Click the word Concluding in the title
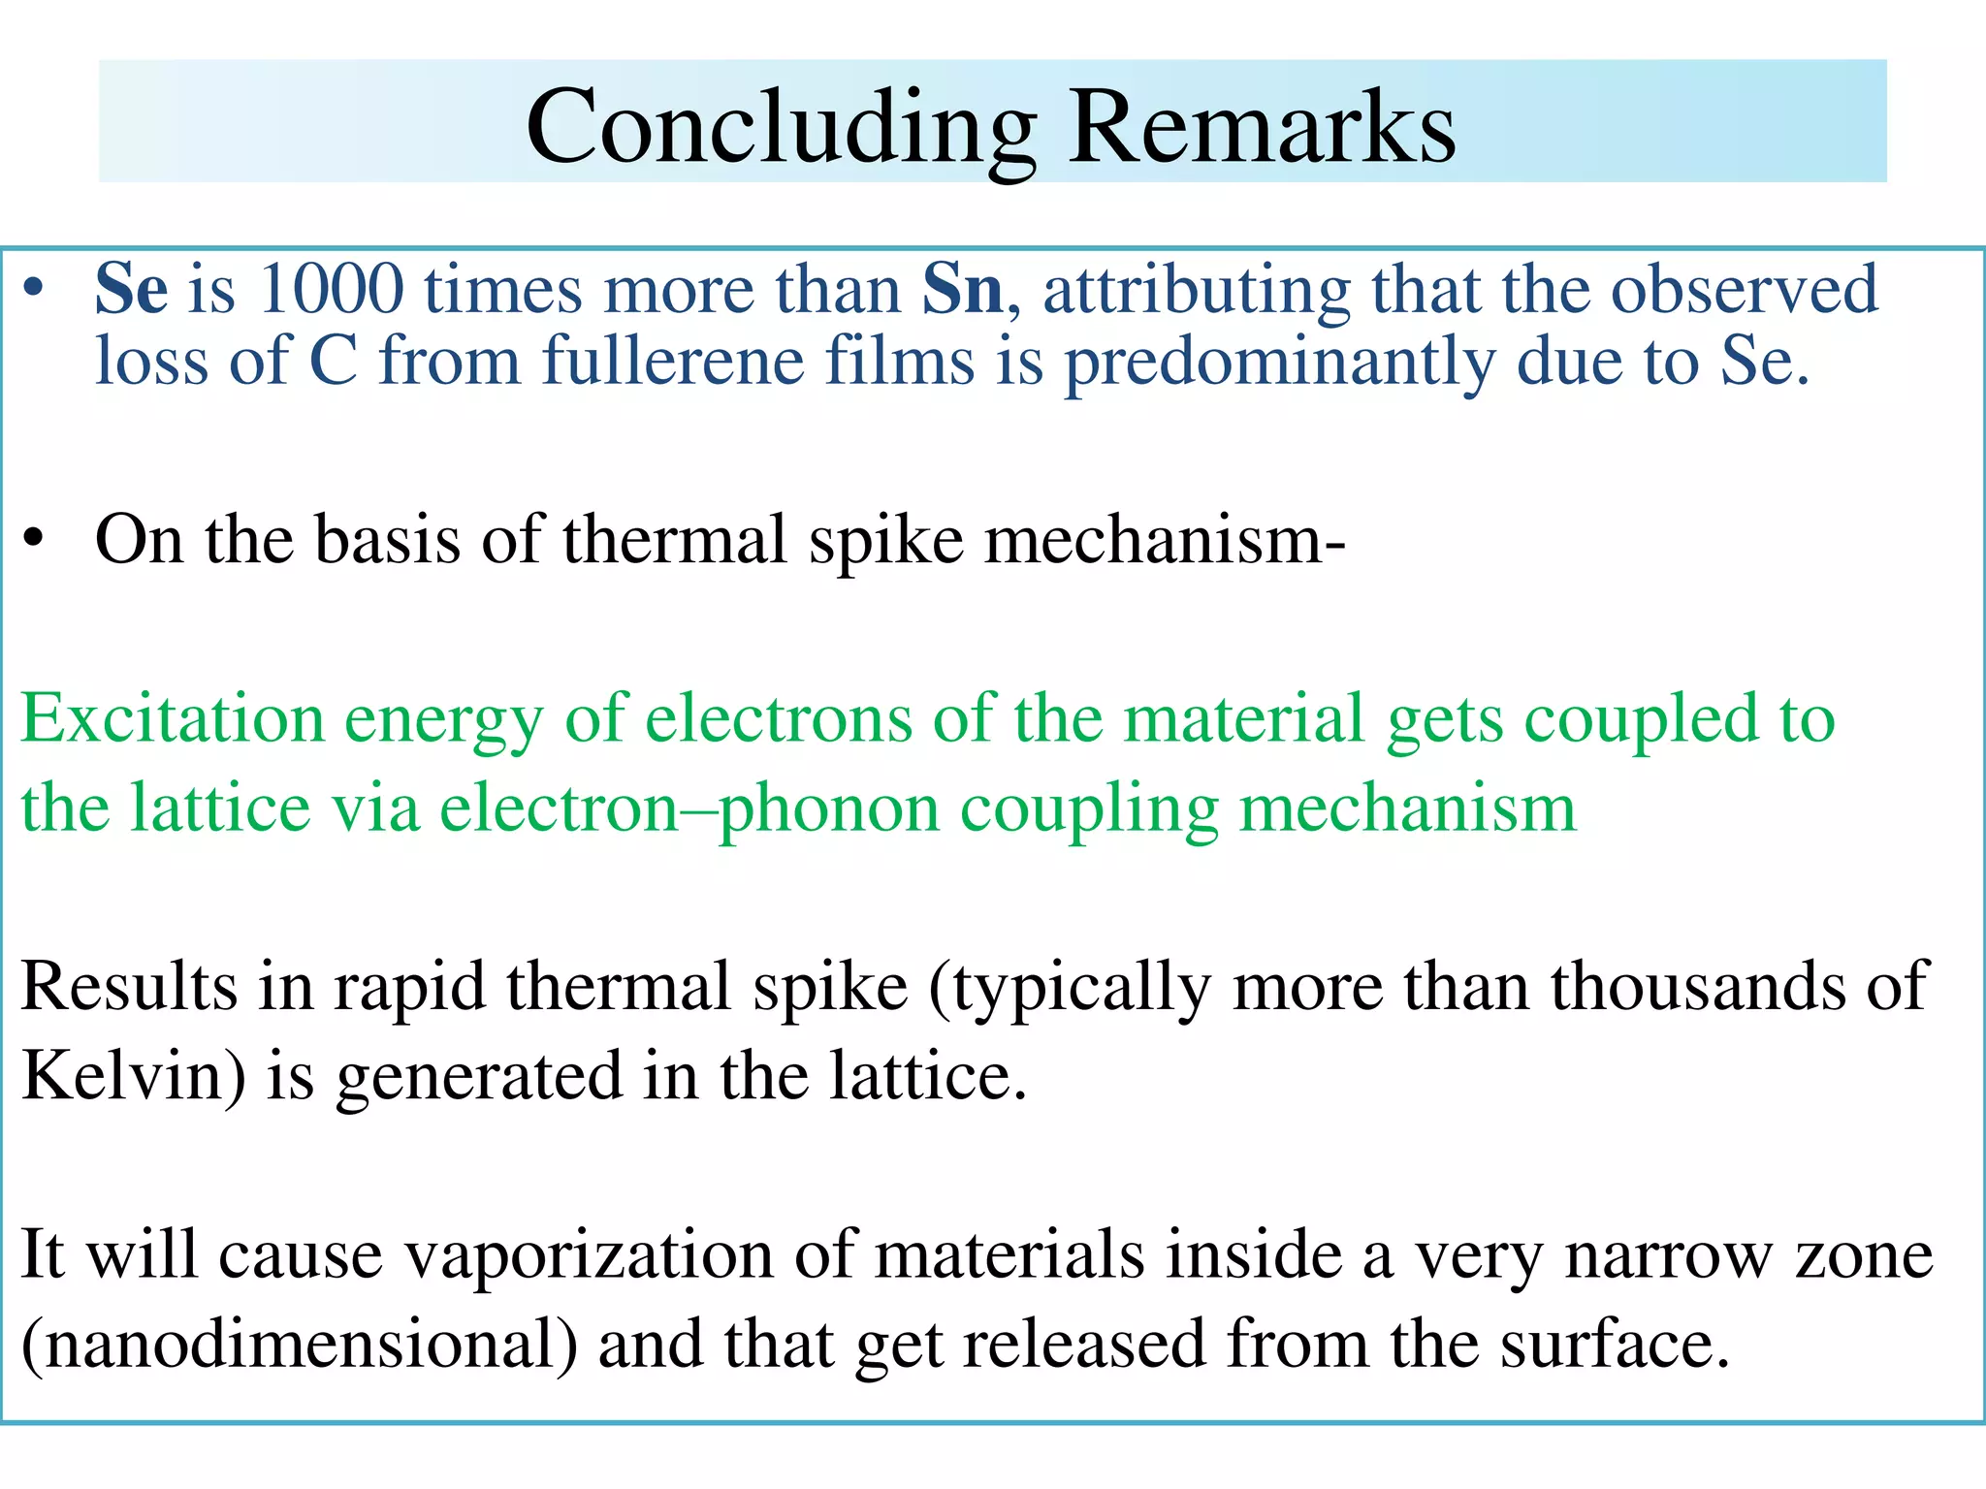click(x=781, y=128)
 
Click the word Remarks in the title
click(x=1262, y=126)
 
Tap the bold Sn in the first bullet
click(x=962, y=289)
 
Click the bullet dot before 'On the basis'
click(x=35, y=539)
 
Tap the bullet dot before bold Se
click(x=35, y=289)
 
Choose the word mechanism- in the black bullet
click(x=1165, y=539)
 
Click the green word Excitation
click(x=173, y=719)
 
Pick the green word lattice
click(x=220, y=808)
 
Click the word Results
click(x=128, y=987)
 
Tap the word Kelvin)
click(x=133, y=1076)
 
